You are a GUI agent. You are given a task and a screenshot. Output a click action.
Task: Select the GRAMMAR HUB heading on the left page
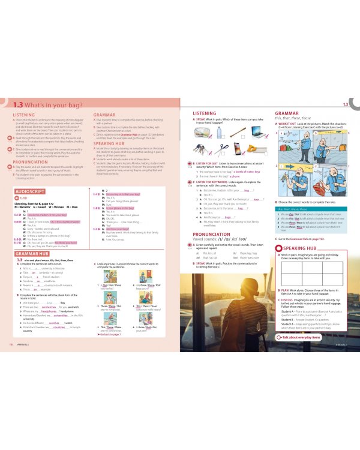click(x=28, y=254)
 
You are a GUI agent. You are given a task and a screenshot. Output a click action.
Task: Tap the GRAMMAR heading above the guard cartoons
click(x=286, y=112)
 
